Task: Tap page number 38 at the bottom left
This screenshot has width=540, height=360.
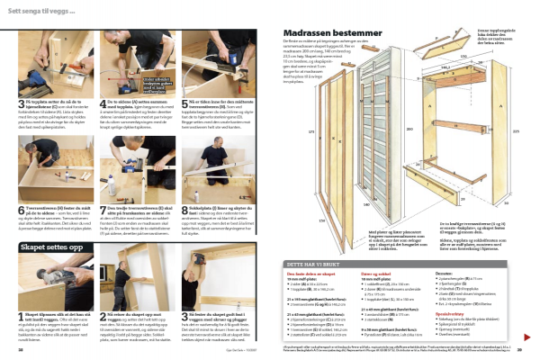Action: point(21,350)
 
